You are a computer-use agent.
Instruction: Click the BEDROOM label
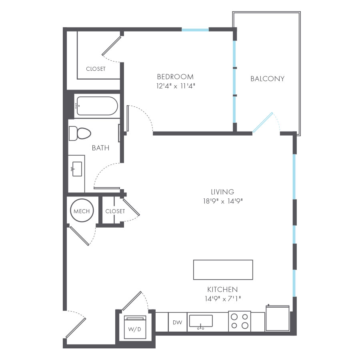[x=175, y=77]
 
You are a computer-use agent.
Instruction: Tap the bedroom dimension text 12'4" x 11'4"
[x=176, y=86]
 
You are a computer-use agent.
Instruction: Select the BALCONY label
[x=268, y=79]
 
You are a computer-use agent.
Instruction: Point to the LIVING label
[x=222, y=192]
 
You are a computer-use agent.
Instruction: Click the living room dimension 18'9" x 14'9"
[x=223, y=201]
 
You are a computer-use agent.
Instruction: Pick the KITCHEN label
[x=222, y=289]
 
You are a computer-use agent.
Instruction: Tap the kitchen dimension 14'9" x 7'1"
[x=223, y=299]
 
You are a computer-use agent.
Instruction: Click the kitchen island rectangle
[x=223, y=270]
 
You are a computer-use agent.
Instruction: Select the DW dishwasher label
[x=178, y=322]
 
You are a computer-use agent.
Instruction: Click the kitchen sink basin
[x=201, y=321]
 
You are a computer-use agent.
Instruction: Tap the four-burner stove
[x=240, y=321]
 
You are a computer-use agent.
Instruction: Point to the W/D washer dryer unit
[x=135, y=327]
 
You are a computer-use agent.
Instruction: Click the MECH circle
[x=82, y=211]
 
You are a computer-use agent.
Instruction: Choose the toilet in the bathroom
[x=80, y=133]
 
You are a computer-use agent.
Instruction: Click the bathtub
[x=97, y=106]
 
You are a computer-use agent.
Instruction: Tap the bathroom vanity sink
[x=77, y=169]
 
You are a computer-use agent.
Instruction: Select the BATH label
[x=100, y=148]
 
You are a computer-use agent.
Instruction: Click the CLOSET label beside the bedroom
[x=96, y=69]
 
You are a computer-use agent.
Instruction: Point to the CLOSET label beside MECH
[x=115, y=211]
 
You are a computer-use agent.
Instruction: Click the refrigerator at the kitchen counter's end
[x=277, y=318]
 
